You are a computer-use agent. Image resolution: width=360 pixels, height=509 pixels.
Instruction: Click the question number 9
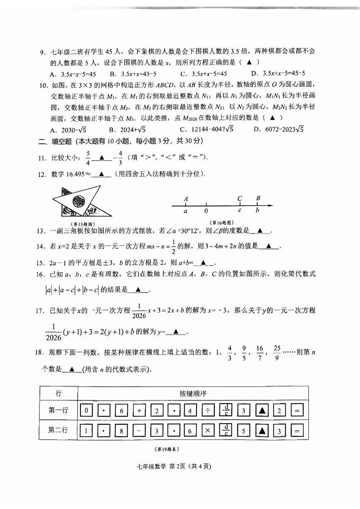coord(41,52)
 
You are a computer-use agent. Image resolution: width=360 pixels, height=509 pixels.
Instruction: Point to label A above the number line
coord(186,199)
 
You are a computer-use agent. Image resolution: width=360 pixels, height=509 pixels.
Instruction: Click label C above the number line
coord(240,198)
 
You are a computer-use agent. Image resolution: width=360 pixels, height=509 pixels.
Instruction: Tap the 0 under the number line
coord(206,211)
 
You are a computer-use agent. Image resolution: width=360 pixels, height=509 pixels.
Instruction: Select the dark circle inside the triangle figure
coord(78,202)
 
